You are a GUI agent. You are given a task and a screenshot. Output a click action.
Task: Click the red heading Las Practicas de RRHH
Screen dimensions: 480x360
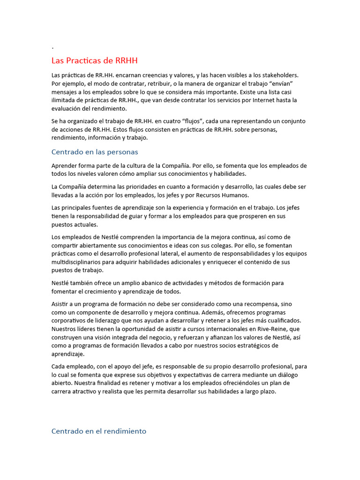pos(94,61)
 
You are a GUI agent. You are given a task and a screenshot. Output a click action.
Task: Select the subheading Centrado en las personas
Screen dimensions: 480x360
pos(95,152)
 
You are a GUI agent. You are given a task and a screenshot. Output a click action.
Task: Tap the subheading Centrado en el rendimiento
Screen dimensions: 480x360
pos(98,431)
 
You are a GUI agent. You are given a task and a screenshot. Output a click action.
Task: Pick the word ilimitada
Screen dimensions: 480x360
pos(65,100)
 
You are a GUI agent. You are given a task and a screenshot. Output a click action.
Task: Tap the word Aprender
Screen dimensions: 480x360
pos(65,166)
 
